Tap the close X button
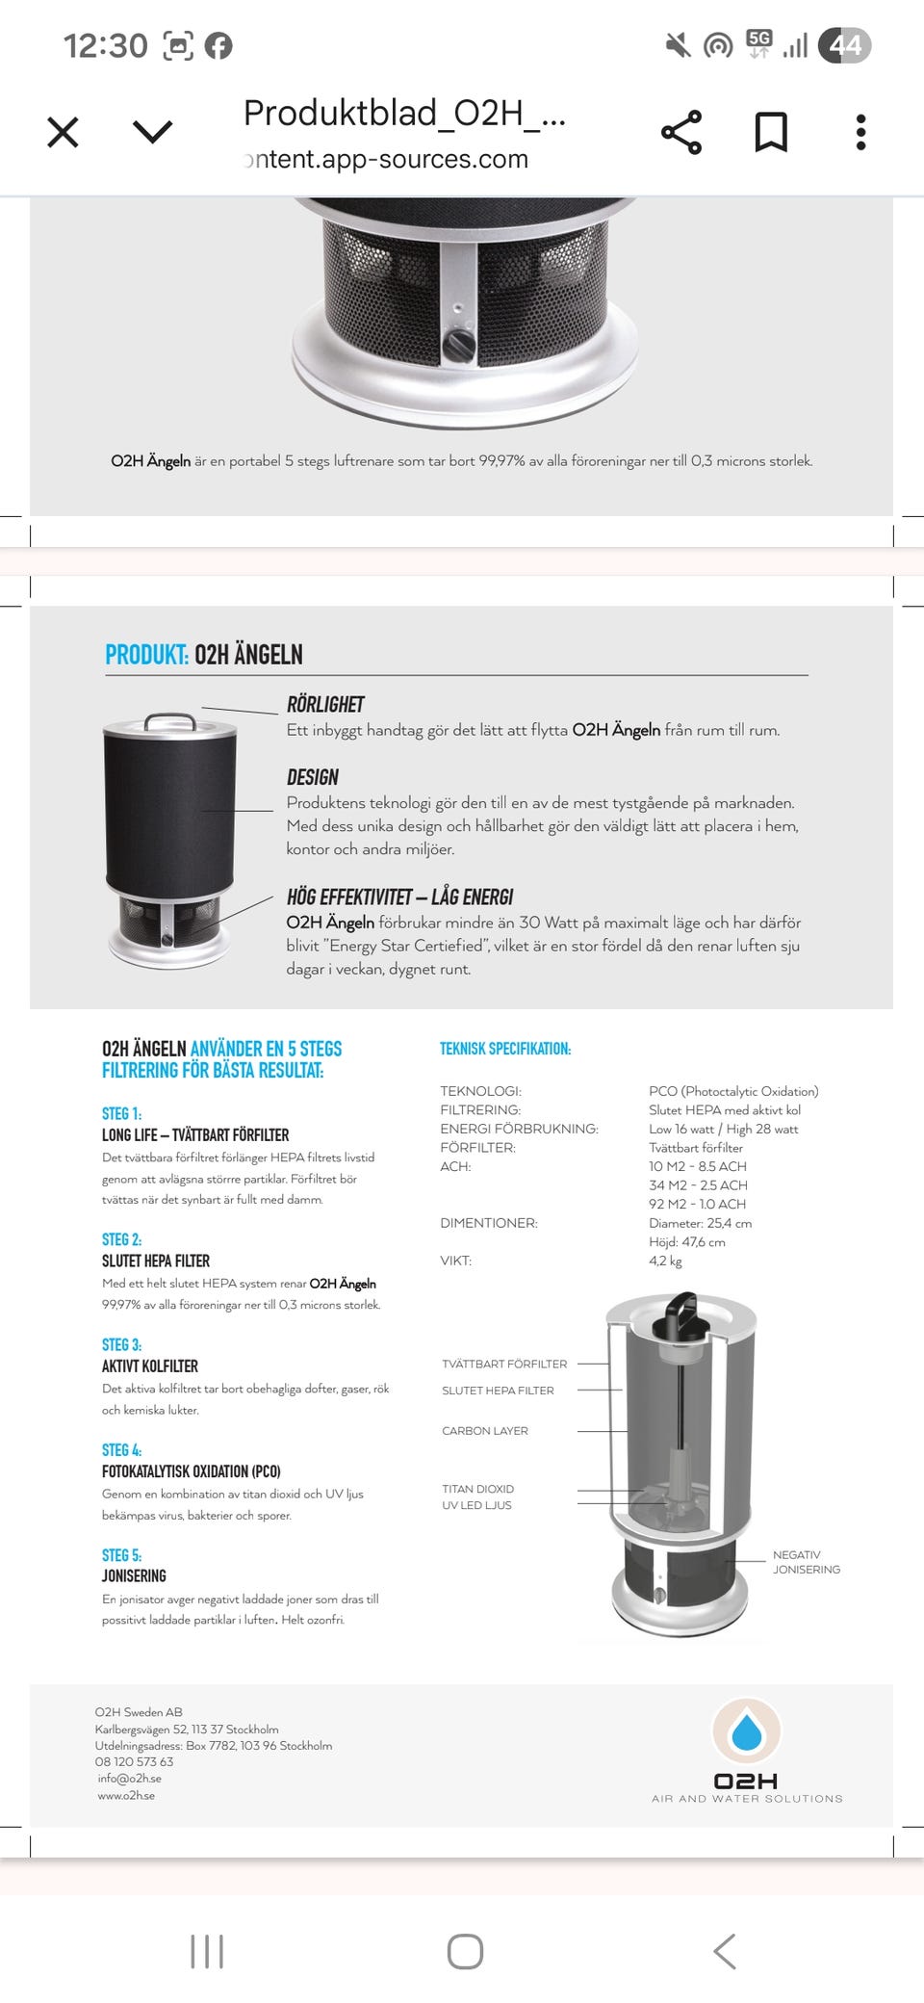coord(64,132)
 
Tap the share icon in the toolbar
coord(681,132)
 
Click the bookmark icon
coord(771,132)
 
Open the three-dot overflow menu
coord(860,132)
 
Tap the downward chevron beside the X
coord(153,132)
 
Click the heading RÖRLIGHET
coord(325,704)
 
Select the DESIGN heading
coord(313,777)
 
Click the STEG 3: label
coord(121,1344)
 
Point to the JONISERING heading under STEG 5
coord(134,1575)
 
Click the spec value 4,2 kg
coord(665,1261)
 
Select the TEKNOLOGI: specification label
coord(480,1091)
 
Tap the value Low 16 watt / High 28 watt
coord(723,1129)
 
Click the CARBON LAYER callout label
coord(485,1431)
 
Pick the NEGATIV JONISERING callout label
coord(806,1562)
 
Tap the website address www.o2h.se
coord(126,1795)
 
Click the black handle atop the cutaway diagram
coord(681,1314)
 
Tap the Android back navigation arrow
coord(725,1952)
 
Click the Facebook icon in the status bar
coord(218,45)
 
